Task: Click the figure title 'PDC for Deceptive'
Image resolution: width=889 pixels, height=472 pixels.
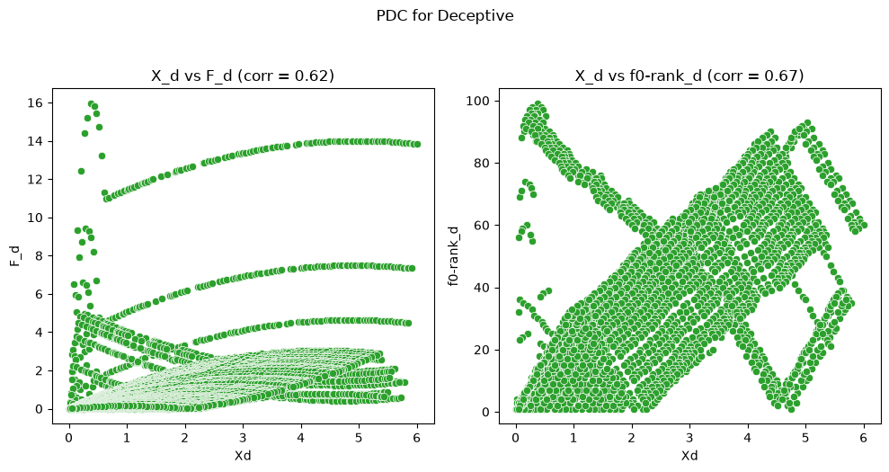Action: [x=444, y=15]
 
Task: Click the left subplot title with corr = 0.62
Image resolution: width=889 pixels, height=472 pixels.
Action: [x=243, y=76]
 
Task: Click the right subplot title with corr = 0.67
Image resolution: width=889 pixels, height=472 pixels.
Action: [x=689, y=76]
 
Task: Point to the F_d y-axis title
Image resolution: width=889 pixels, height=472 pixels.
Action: [x=15, y=256]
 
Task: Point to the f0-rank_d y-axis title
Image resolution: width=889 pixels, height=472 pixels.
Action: [x=454, y=256]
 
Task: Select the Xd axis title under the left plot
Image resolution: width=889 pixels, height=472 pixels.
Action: [x=243, y=456]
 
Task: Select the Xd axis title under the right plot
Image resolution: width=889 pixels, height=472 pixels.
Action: [x=689, y=456]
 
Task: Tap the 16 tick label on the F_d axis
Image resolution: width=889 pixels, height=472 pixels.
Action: [x=39, y=102]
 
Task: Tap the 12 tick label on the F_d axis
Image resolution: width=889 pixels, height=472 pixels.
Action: [x=39, y=179]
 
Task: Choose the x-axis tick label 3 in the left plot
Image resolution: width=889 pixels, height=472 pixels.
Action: [x=243, y=438]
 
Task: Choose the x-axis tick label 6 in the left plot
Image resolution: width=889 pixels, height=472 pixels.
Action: [x=417, y=438]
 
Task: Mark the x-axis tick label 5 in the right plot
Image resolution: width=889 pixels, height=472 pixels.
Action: [x=805, y=438]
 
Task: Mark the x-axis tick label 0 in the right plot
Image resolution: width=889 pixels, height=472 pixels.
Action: [x=516, y=438]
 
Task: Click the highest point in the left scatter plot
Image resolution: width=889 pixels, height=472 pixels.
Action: [x=91, y=104]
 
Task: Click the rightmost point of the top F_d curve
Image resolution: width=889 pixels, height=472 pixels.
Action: [x=417, y=144]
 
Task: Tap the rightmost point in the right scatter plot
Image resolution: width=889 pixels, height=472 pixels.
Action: [x=864, y=226]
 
